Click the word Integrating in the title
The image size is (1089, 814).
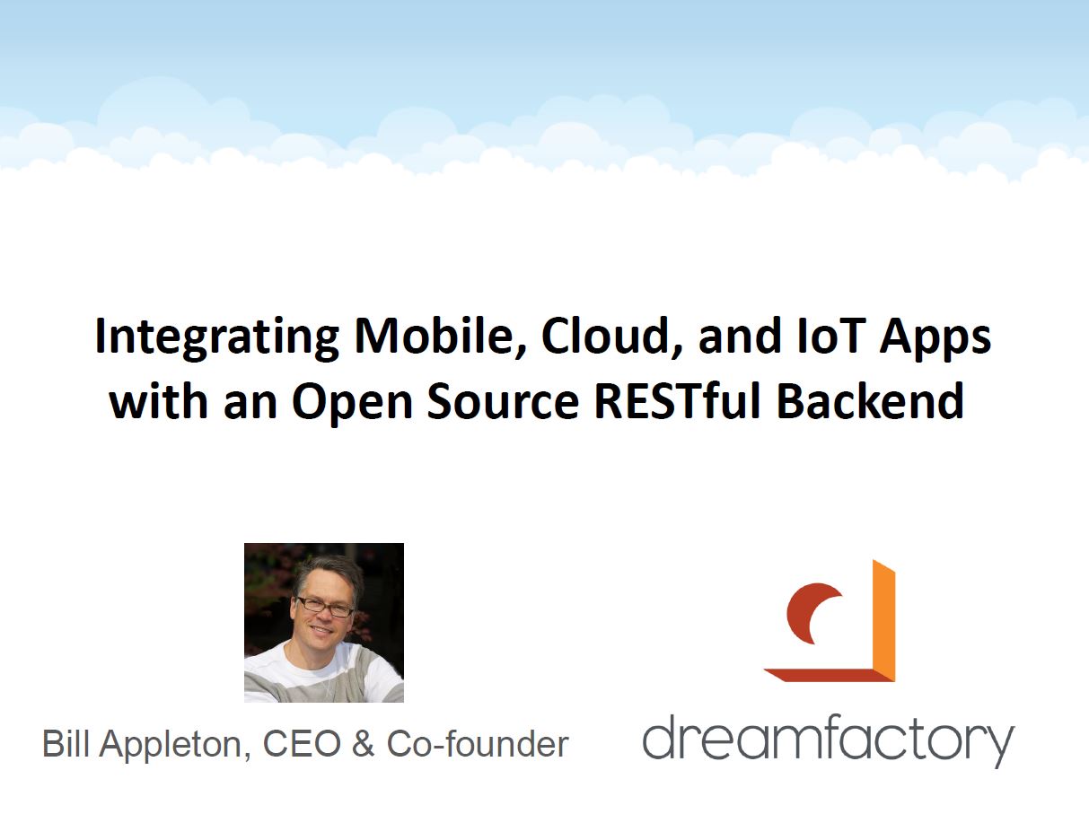coord(216,338)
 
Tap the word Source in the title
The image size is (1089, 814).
coord(502,400)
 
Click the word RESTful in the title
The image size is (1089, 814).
coord(676,399)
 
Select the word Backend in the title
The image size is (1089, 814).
coord(869,399)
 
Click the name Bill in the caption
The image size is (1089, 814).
coord(66,743)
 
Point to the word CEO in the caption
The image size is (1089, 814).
coord(302,743)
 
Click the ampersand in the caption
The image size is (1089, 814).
coord(363,743)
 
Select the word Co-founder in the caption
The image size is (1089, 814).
coord(477,743)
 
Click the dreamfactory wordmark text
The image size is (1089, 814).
coord(828,740)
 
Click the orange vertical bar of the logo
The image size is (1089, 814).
coord(883,620)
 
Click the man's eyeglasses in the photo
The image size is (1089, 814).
coord(325,607)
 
